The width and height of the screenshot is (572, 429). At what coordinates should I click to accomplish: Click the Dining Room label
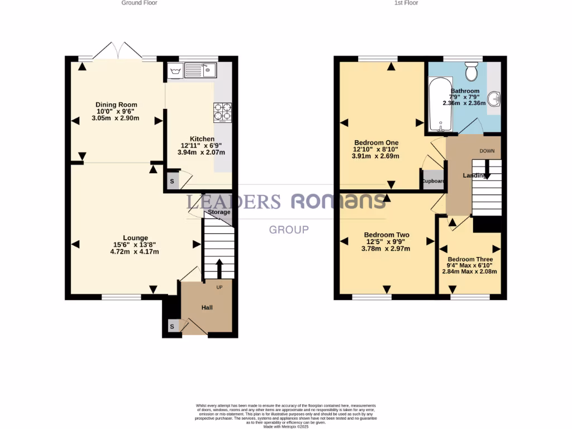(116, 104)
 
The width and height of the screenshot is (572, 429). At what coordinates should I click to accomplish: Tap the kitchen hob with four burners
(222, 112)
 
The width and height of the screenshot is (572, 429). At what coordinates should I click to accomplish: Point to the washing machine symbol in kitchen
(175, 70)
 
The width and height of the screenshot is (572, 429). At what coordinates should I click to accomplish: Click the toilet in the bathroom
(471, 71)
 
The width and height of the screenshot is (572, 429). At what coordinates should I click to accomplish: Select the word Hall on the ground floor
(207, 307)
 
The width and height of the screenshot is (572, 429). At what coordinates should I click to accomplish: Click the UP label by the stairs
(220, 288)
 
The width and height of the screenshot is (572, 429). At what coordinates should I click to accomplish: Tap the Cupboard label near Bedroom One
(433, 182)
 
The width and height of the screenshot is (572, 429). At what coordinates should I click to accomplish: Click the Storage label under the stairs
(219, 212)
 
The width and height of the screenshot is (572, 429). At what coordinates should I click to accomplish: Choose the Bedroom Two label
(387, 235)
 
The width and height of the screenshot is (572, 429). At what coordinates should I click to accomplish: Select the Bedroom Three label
(470, 260)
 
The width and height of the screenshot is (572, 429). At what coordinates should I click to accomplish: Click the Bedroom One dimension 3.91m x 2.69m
(375, 156)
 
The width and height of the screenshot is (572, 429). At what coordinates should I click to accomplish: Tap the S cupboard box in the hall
(172, 326)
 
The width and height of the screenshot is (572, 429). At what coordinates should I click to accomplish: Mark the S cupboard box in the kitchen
(172, 182)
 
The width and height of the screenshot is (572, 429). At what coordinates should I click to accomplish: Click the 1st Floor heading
(406, 3)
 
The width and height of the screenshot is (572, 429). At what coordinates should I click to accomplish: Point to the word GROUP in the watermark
(289, 230)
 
